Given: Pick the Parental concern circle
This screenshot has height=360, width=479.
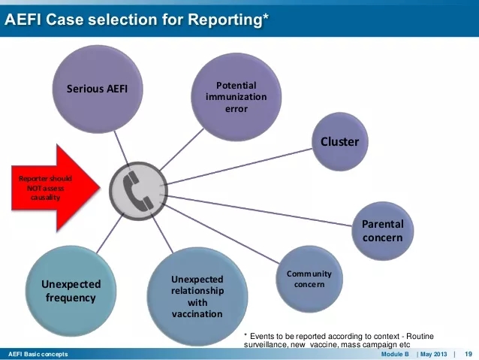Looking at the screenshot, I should click(382, 230).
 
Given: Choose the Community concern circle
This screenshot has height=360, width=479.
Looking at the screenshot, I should click(309, 279).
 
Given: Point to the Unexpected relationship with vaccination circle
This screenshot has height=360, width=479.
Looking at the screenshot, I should click(197, 296).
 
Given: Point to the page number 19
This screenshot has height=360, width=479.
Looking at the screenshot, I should click(468, 354).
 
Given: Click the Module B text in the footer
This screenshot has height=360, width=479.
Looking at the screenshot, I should click(395, 354).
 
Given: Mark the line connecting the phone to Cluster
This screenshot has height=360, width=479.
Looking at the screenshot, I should click(240, 165).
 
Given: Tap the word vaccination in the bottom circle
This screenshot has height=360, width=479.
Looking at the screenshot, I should click(197, 313).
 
